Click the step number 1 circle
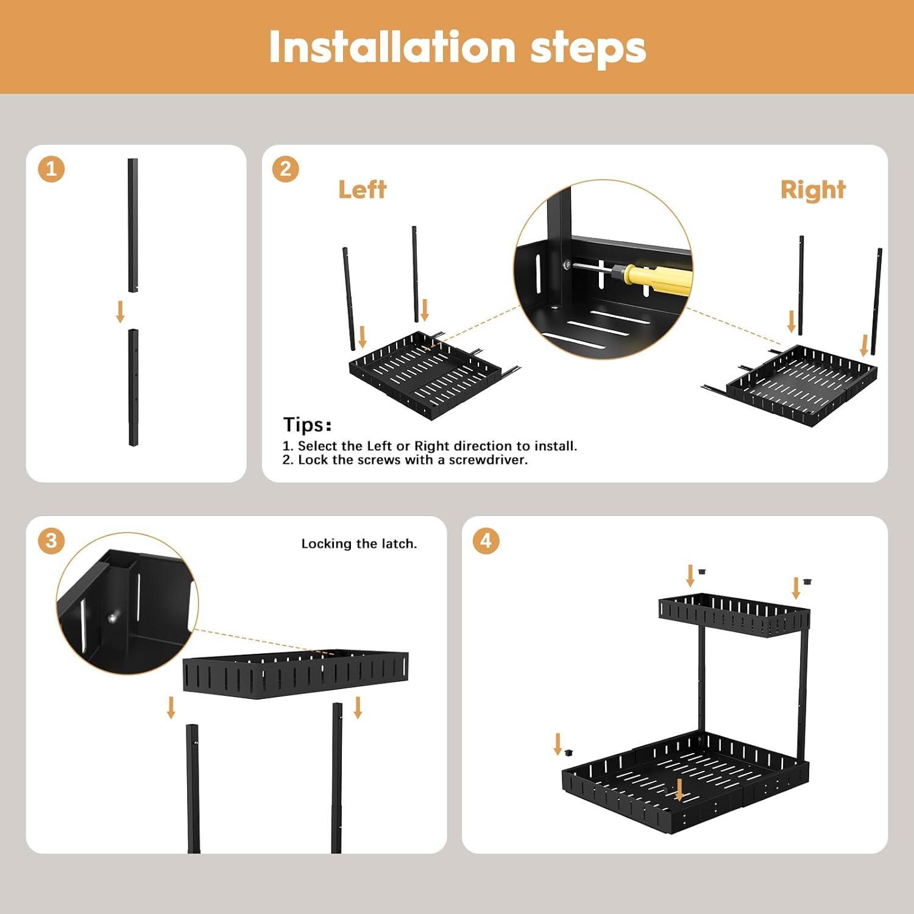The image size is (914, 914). (x=51, y=169)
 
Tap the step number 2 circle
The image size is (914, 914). (x=286, y=169)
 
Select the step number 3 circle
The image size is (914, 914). (x=51, y=540)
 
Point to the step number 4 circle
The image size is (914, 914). (x=486, y=540)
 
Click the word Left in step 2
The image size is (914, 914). (x=362, y=190)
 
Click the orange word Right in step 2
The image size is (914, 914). (x=813, y=190)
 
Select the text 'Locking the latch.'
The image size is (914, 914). (x=359, y=544)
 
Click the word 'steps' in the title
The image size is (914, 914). (x=588, y=48)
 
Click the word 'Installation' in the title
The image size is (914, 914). (x=392, y=48)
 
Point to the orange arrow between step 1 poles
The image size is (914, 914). (x=120, y=311)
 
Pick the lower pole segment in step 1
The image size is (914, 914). (x=133, y=387)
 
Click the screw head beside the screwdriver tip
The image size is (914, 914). (x=567, y=264)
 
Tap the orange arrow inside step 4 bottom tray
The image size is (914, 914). (x=680, y=790)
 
